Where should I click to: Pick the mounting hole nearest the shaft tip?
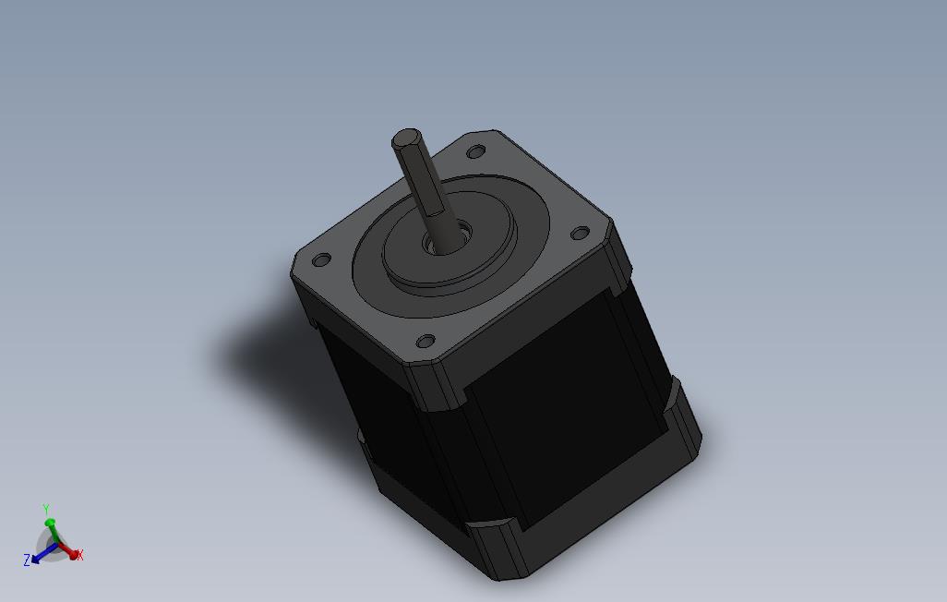point(476,151)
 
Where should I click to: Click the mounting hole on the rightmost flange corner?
point(580,234)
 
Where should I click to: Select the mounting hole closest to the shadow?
point(321,260)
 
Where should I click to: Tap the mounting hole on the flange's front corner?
point(425,342)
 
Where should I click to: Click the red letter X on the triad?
point(80,555)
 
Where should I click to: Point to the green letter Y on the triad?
point(46,509)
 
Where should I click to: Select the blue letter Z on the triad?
point(27,560)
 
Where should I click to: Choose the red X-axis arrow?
point(66,551)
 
